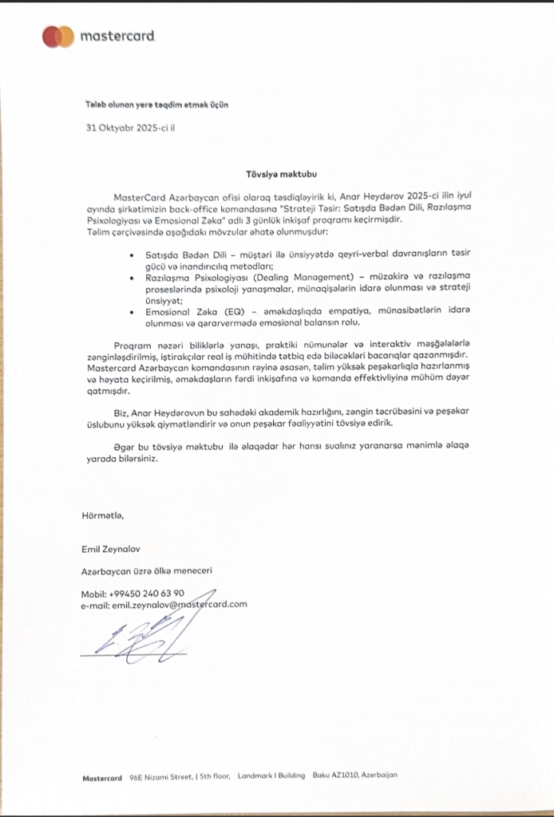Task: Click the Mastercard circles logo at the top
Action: point(57,36)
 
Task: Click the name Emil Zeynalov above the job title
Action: point(111,549)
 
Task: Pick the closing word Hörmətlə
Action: point(103,515)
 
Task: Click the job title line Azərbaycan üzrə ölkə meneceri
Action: point(146,571)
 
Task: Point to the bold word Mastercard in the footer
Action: point(102,776)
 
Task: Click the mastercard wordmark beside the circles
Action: point(117,37)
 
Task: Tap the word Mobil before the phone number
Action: point(93,594)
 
